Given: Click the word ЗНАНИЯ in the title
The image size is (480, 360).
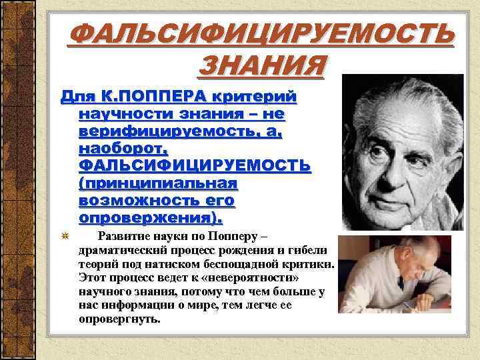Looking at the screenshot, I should pyautogui.click(x=262, y=65).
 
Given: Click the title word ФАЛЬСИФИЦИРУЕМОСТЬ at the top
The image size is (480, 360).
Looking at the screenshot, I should pyautogui.click(x=261, y=33).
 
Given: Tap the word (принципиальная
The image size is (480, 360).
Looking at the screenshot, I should pyautogui.click(x=158, y=183).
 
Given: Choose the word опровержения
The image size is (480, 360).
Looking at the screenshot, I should pyautogui.click(x=149, y=217).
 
